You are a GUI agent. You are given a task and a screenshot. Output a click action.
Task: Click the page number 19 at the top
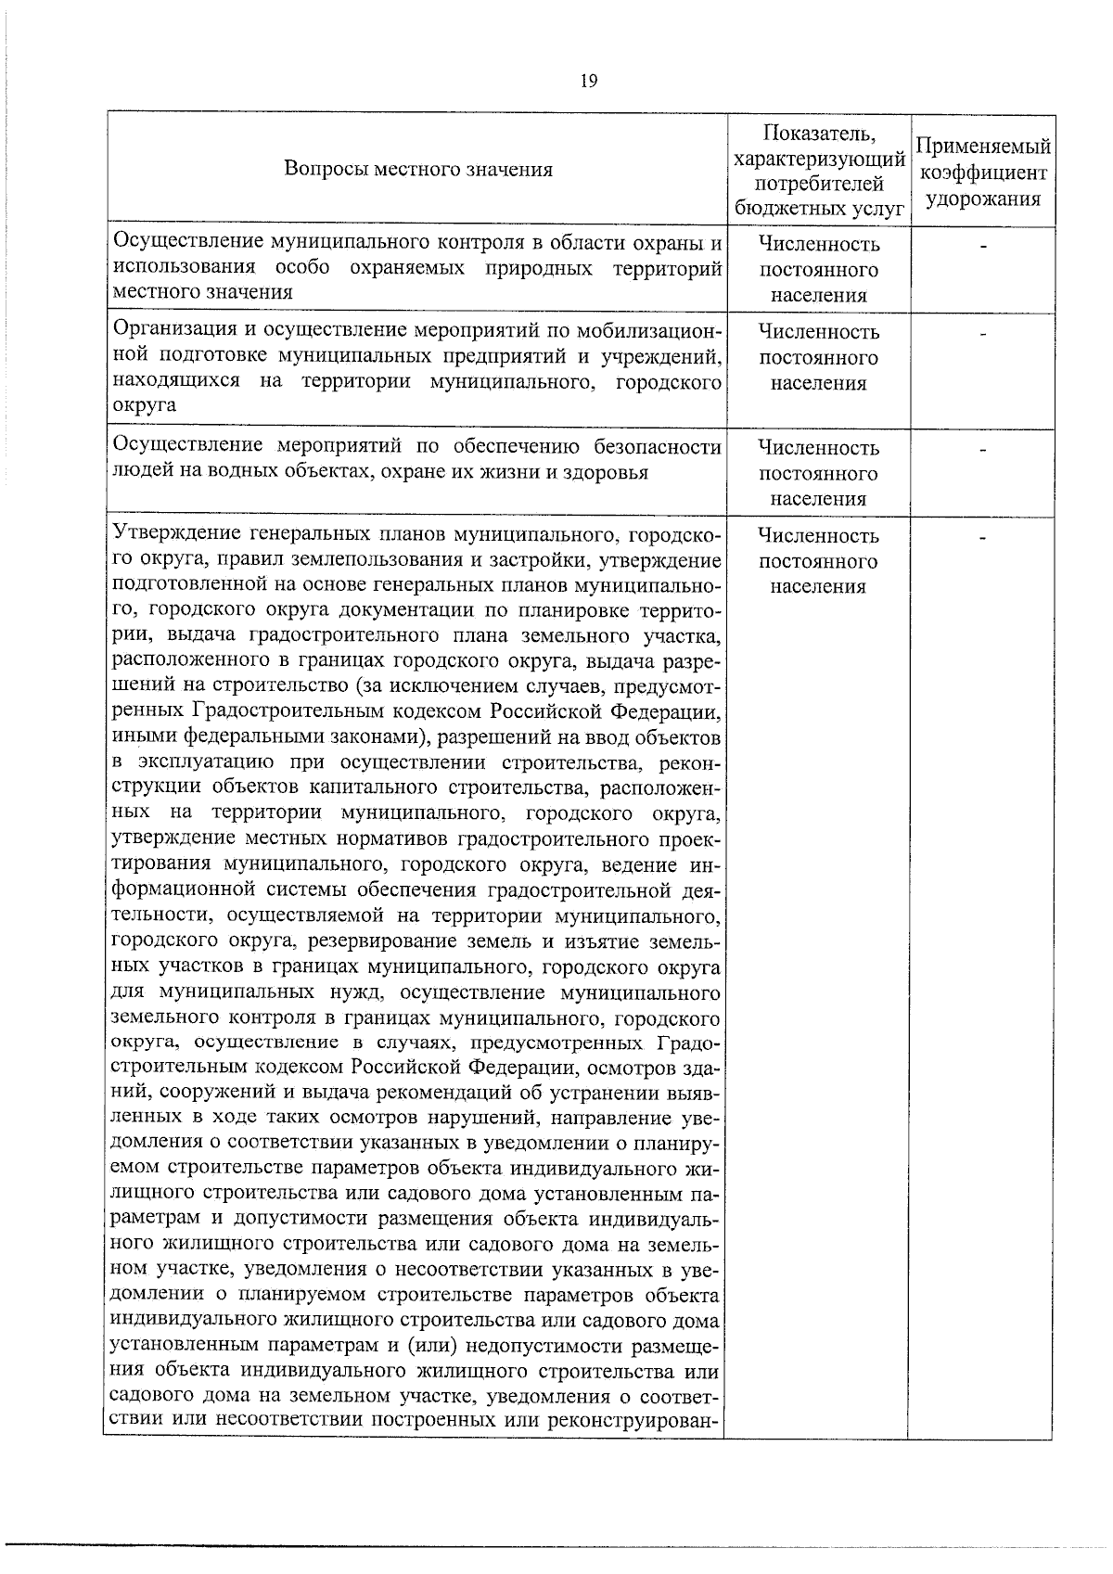click(x=588, y=81)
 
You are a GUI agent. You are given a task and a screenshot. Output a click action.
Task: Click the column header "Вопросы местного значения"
click(x=418, y=169)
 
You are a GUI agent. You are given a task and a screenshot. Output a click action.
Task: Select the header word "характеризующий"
click(x=818, y=160)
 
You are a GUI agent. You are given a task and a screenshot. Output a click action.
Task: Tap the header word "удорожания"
click(x=982, y=198)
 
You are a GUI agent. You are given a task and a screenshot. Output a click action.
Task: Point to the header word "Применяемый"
click(x=982, y=147)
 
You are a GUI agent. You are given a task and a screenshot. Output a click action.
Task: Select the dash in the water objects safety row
click(x=982, y=450)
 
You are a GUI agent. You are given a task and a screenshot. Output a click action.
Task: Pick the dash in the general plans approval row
click(x=982, y=537)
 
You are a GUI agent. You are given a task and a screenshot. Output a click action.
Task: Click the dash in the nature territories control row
click(x=982, y=246)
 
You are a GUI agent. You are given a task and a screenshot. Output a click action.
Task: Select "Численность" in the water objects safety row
click(x=818, y=448)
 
